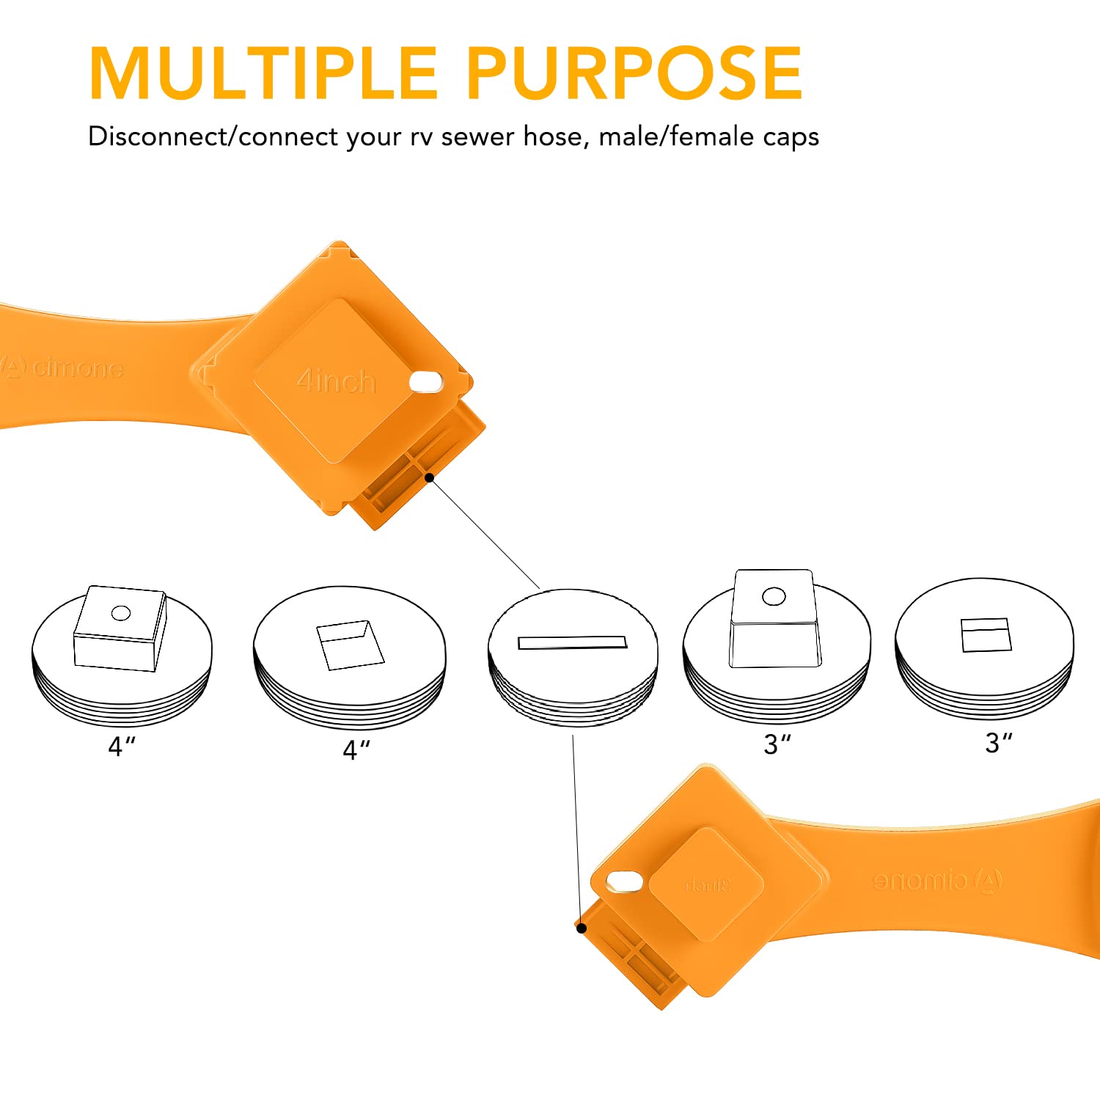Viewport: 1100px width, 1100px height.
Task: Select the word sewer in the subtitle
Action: tap(477, 137)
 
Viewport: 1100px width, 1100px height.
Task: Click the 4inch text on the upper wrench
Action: tap(336, 381)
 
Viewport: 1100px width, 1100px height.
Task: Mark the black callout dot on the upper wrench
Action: tap(430, 477)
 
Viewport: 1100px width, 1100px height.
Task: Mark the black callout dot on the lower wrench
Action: tap(582, 928)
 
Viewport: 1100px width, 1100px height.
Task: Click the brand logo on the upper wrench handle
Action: tap(62, 367)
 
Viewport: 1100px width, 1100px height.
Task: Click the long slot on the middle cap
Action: tap(573, 642)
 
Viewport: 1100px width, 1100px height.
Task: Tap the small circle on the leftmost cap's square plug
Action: tap(121, 613)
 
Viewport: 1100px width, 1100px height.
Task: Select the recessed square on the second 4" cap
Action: tap(350, 645)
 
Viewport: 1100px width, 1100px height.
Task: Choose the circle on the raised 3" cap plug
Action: tap(774, 596)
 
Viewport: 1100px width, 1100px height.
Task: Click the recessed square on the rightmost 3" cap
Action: tap(986, 635)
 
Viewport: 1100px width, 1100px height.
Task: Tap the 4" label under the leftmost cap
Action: tap(122, 747)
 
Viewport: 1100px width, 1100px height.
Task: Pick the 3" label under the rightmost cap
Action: tap(998, 743)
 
